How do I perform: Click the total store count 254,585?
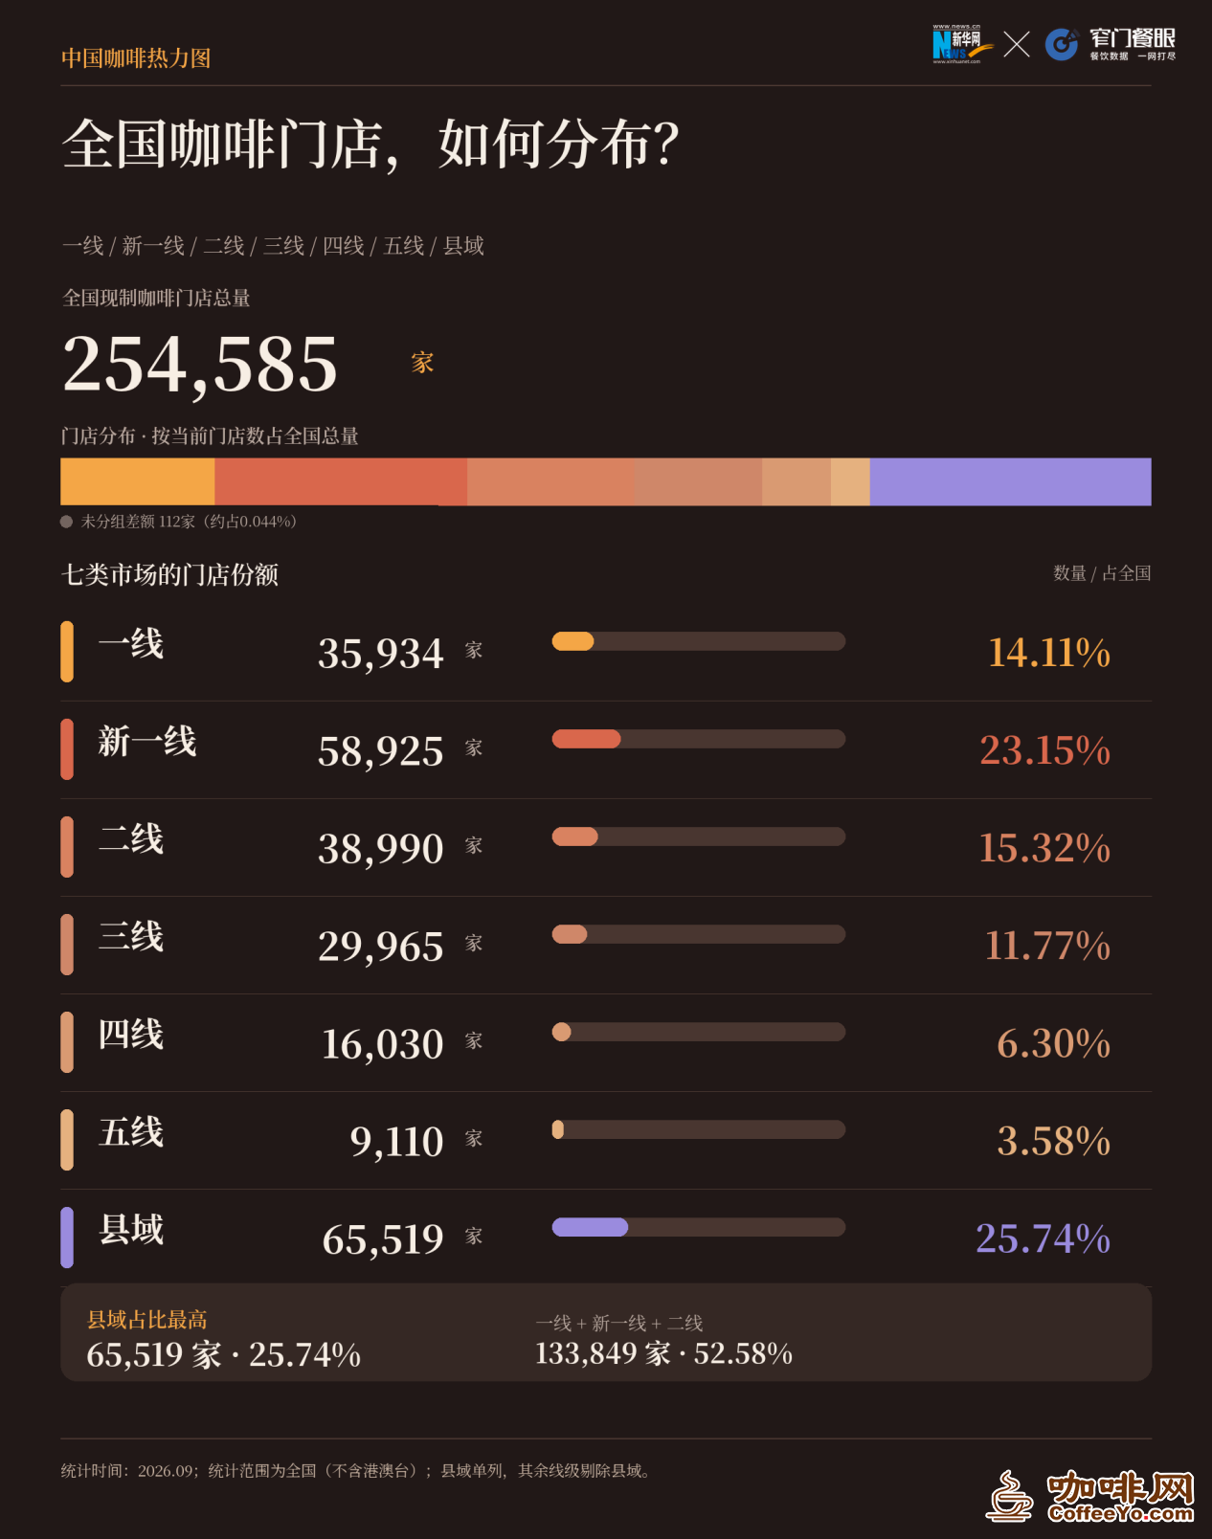200,365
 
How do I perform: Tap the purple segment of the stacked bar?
1010,481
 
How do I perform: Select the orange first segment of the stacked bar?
137,481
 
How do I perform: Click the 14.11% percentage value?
1049,652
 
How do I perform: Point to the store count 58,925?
381,751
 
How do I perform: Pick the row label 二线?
131,838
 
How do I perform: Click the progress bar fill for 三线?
570,934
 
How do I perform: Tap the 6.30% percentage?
1054,1042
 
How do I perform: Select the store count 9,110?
397,1142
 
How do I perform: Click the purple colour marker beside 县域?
67,1238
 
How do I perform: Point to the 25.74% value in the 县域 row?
1044,1238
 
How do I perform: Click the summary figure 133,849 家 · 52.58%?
664,1353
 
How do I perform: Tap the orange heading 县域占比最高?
146,1320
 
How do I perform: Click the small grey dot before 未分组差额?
67,522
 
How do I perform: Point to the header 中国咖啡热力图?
136,58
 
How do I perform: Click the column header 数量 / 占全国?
1102,573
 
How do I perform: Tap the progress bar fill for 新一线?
586,739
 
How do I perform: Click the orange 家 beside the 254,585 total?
422,363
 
